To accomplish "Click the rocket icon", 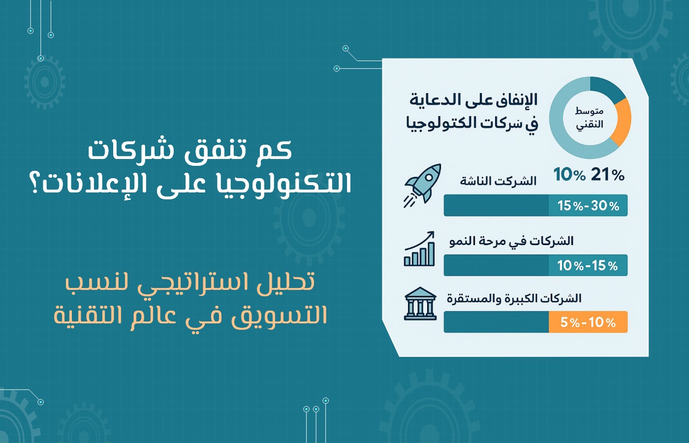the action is (423, 186).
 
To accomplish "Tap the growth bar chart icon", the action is (419, 249).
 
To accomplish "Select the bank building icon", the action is (420, 304).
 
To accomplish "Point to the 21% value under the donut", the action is (607, 175).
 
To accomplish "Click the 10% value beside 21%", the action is (569, 175).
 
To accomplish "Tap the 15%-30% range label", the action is (588, 206).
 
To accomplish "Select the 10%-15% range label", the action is (588, 265).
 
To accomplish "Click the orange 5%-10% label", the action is (588, 322).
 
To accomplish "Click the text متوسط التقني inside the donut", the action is (590, 119).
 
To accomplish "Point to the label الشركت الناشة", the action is (498, 181).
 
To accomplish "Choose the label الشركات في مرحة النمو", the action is (511, 241).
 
